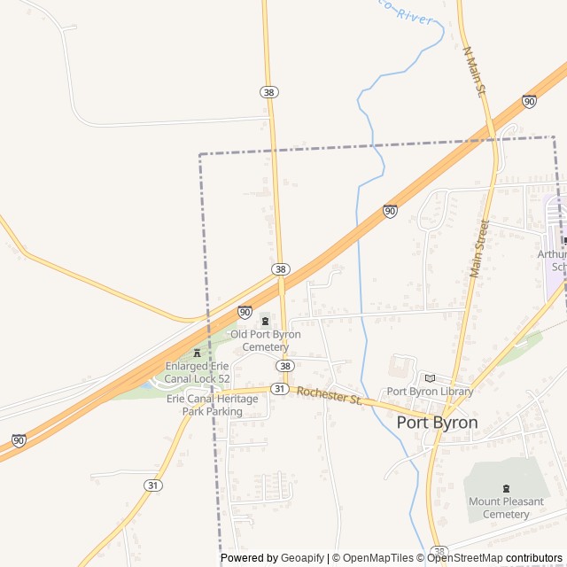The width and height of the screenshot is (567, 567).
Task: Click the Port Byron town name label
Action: [437, 423]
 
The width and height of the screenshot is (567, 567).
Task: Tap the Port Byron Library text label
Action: [430, 392]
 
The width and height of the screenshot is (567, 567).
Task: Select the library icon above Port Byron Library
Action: [430, 377]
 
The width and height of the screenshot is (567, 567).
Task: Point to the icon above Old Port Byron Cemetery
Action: [264, 321]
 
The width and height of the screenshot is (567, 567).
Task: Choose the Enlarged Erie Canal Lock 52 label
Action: [198, 372]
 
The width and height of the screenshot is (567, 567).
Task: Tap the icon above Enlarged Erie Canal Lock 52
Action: [197, 353]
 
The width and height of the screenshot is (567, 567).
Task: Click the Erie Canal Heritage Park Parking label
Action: [212, 405]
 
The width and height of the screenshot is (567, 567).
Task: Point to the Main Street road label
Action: [479, 248]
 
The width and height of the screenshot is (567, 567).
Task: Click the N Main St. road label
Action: [475, 72]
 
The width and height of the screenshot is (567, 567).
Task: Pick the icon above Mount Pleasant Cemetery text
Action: [506, 488]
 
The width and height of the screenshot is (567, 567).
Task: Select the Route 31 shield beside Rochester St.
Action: [280, 390]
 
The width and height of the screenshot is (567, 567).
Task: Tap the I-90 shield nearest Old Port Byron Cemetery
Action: [245, 312]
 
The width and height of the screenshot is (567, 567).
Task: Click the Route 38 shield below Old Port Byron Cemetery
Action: [283, 366]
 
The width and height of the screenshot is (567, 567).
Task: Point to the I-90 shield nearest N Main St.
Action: [529, 101]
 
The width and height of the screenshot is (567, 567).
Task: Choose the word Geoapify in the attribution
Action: [302, 558]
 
